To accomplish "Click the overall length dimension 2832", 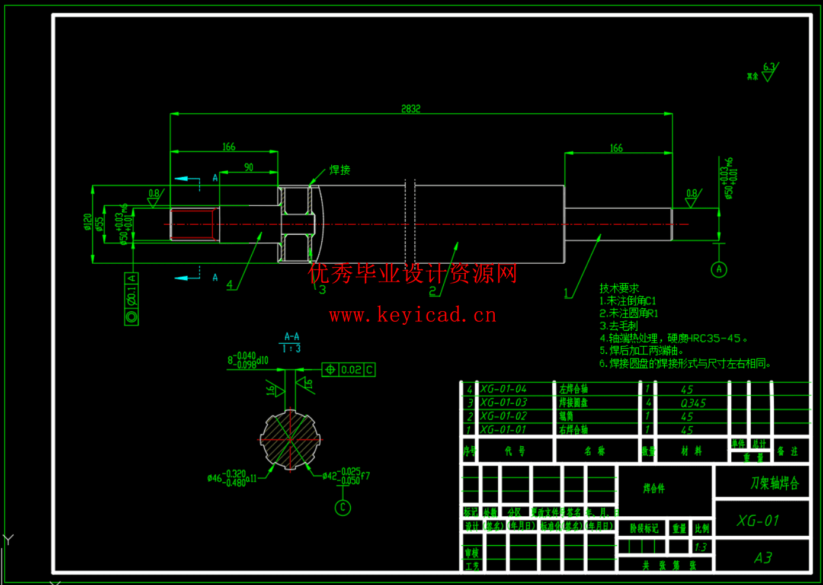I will (x=411, y=108).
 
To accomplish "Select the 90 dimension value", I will (x=249, y=168).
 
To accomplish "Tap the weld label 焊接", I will (x=340, y=170).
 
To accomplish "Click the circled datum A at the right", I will (x=719, y=270).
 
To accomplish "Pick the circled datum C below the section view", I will (x=342, y=507).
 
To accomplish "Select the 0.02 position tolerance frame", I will (x=348, y=370).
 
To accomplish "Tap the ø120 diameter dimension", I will (x=88, y=222).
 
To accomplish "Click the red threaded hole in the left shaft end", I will (x=193, y=224).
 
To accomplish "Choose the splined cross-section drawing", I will (x=290, y=440).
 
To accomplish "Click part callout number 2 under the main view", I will (x=433, y=291).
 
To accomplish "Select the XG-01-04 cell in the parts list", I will (x=503, y=389).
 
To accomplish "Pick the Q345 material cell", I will (x=693, y=403).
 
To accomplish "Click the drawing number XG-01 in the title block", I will (x=758, y=521).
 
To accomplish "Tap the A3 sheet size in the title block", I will (x=763, y=558).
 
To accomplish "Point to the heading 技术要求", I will (x=619, y=288).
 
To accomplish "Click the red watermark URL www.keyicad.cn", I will (x=413, y=315).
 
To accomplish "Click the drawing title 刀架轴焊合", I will (x=774, y=483).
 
